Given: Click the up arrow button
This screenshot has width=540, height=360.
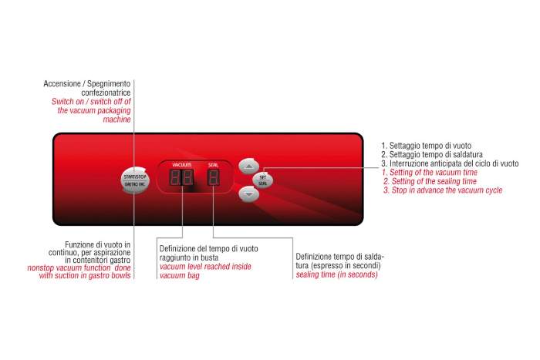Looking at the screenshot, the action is [x=248, y=167].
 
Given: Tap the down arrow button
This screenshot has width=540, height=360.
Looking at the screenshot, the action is [x=248, y=194].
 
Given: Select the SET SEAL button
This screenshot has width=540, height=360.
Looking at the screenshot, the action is [x=263, y=180].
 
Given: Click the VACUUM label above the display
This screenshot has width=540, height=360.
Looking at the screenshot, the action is [x=182, y=165].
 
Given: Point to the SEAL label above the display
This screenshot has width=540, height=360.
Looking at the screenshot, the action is [x=213, y=165].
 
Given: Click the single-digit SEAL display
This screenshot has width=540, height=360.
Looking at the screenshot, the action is [x=214, y=177].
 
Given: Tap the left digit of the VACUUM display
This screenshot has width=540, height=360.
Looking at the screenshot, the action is [x=174, y=177].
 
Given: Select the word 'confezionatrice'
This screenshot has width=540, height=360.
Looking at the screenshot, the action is [x=106, y=93].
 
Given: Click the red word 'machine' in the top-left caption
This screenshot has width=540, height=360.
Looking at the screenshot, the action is [x=116, y=119].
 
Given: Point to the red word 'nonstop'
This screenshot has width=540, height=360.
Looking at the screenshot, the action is [x=40, y=267].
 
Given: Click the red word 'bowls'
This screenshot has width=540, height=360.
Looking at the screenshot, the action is [x=120, y=275].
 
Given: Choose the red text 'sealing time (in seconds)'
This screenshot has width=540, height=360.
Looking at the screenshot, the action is [x=337, y=274].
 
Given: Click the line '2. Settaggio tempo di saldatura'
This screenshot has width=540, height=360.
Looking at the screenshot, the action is [x=432, y=154].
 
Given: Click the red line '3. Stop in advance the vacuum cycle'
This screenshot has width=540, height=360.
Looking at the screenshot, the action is [x=443, y=190].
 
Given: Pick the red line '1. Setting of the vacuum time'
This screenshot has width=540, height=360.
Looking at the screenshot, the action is [x=430, y=173].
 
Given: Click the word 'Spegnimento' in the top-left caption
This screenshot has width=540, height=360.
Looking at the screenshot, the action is [x=109, y=83].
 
